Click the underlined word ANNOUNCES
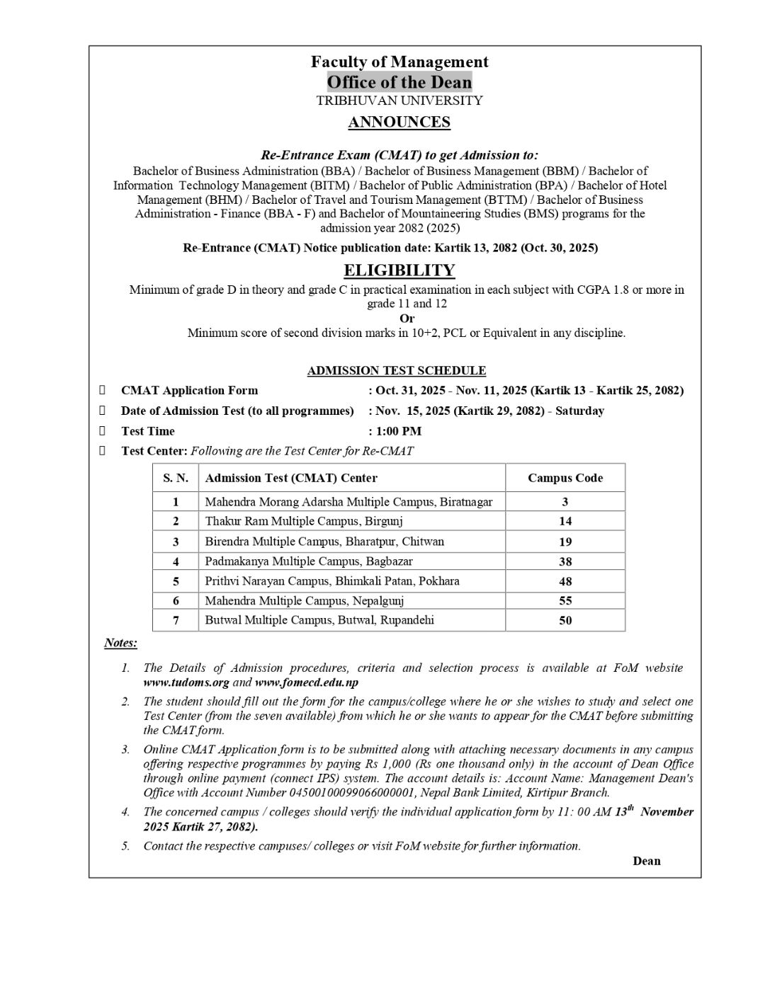tap(399, 122)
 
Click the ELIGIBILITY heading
tap(399, 270)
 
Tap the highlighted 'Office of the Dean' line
tap(399, 82)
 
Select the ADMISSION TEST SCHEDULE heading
tap(396, 370)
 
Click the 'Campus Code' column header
tap(565, 478)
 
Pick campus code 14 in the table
tap(565, 521)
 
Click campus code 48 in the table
tap(565, 581)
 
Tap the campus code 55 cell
tap(565, 600)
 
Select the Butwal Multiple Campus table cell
tap(319, 620)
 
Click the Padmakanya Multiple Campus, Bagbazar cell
tap(309, 561)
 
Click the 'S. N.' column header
tap(176, 478)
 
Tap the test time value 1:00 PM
tap(399, 431)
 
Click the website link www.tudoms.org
tap(186, 682)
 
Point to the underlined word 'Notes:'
tap(120, 643)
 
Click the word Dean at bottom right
tap(646, 861)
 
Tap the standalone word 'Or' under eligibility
tap(407, 318)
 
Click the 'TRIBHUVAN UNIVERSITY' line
tap(399, 101)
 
